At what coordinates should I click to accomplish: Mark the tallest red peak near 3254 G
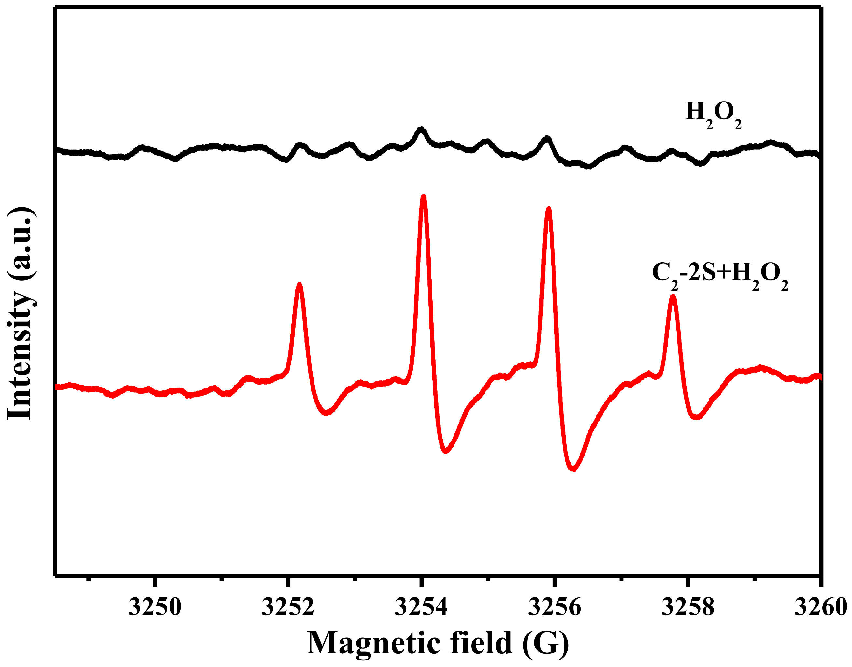coord(423,197)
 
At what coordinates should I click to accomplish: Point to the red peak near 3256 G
coord(549,210)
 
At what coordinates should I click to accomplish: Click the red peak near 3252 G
coord(299,285)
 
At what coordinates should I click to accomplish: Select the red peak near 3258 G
coord(672,298)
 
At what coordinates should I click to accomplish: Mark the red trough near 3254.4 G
coord(446,451)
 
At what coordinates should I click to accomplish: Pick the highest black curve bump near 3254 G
coord(421,129)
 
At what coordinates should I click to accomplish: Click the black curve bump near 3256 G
coord(547,138)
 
